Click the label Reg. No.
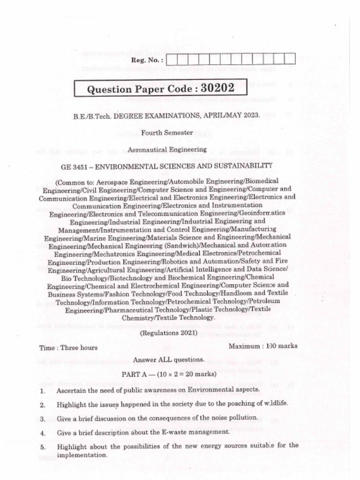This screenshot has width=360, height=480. coord(147,60)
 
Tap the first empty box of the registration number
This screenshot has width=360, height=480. coord(172,60)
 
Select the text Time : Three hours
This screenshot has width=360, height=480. coord(69,348)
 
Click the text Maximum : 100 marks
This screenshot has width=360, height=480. coord(262,346)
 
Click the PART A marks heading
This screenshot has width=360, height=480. coord(169,375)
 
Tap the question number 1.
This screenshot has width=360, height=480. coord(42,390)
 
